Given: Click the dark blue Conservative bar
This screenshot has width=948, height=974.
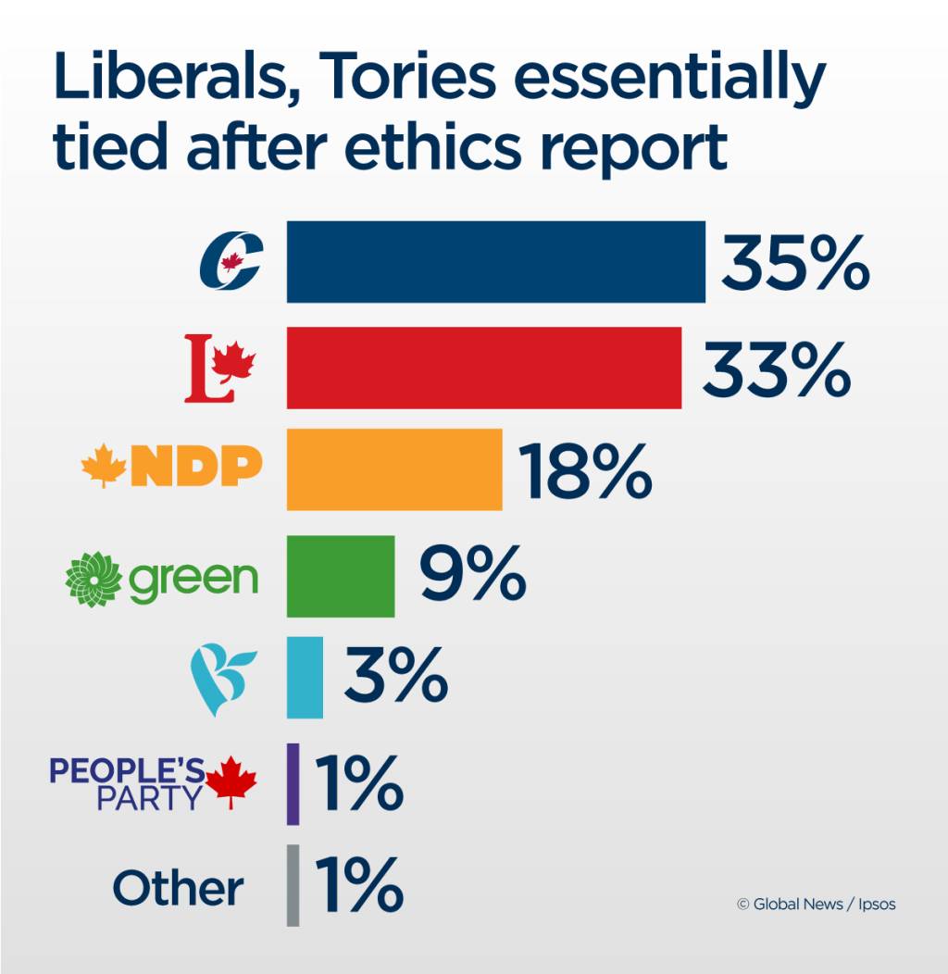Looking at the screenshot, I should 495,261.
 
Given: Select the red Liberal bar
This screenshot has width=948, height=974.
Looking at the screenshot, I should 483,368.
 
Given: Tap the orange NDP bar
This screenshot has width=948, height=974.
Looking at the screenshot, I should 394,469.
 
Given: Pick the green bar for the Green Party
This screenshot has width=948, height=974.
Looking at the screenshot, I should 341,576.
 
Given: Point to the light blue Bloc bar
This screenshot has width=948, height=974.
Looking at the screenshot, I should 305,677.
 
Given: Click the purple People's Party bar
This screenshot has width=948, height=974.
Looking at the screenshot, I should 293,783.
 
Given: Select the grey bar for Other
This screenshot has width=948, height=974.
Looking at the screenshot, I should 293,885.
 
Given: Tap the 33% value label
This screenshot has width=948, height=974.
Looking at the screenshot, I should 776,368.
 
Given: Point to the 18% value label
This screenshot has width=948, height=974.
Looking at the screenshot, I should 585,470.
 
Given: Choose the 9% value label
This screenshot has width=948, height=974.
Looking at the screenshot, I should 472,576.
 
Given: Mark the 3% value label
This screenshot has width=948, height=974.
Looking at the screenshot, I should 395,677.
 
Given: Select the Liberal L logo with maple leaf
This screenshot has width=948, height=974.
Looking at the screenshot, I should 219,368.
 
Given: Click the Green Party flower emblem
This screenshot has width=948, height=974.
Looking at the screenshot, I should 94,578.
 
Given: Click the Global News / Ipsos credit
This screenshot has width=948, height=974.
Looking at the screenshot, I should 816,905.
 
